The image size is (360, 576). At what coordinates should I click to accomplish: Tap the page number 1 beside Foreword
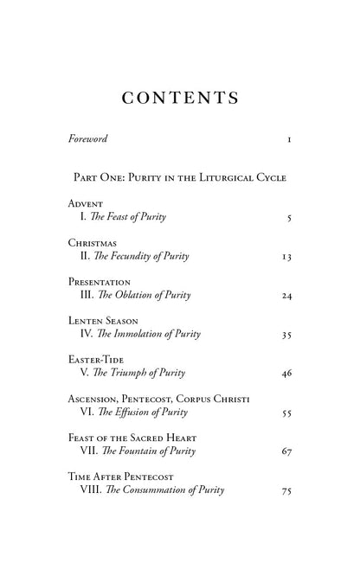(289, 138)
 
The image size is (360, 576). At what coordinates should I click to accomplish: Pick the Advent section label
(87, 203)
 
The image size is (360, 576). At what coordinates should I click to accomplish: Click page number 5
(289, 218)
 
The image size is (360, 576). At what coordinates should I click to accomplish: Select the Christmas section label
(93, 243)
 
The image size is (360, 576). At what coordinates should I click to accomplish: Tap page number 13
(287, 257)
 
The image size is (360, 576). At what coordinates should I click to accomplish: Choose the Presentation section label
(100, 282)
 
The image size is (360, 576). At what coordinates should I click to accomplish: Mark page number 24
(287, 296)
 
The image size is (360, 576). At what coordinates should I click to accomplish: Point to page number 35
(287, 336)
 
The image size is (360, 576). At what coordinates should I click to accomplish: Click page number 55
(287, 413)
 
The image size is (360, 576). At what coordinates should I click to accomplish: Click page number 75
(287, 491)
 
